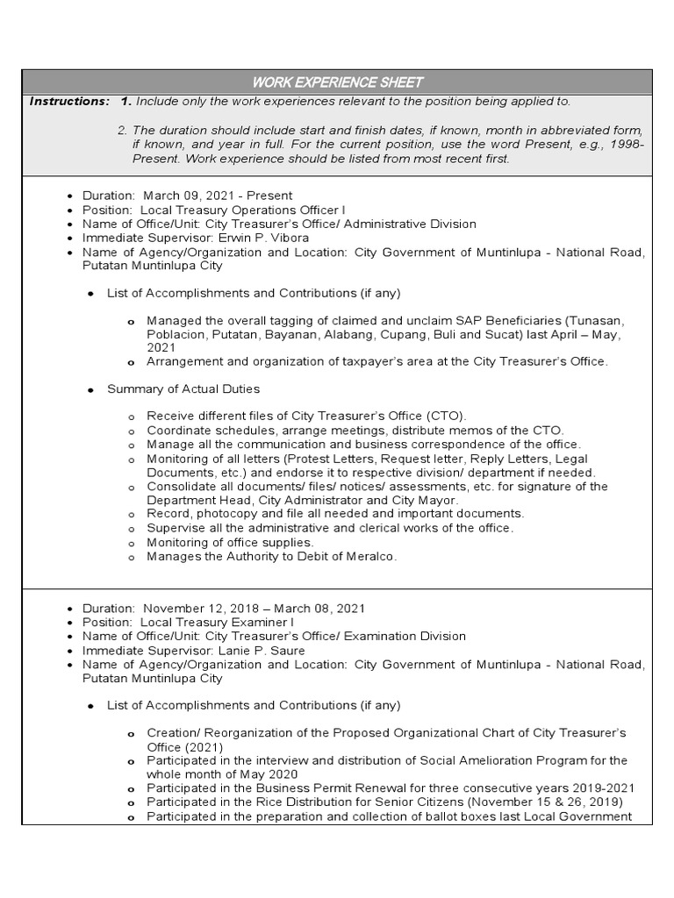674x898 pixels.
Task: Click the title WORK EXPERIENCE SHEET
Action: tap(338, 82)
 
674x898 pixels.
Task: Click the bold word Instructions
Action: tap(69, 102)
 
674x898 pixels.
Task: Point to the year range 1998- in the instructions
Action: tap(627, 145)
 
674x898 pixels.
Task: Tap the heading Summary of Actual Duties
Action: tap(183, 388)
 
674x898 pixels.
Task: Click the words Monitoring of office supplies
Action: tap(230, 543)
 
